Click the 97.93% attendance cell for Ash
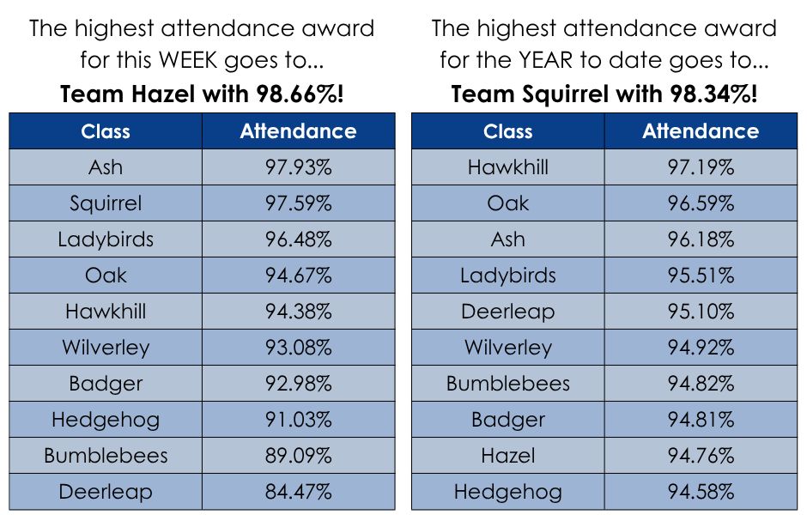pos(299,167)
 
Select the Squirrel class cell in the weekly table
pos(106,203)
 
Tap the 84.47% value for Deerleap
pos(299,491)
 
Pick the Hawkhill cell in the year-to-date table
pos(508,167)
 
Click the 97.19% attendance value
pos(701,167)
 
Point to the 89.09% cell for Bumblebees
pos(299,455)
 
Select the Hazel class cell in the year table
pos(508,455)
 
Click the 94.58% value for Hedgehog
pos(701,491)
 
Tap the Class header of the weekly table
pos(106,131)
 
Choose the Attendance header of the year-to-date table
pos(701,131)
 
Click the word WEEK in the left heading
pos(188,60)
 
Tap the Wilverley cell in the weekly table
pos(106,348)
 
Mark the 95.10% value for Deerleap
pos(701,312)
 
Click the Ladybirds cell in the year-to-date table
pos(508,276)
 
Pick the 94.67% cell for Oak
pos(299,276)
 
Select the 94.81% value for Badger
pos(701,420)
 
